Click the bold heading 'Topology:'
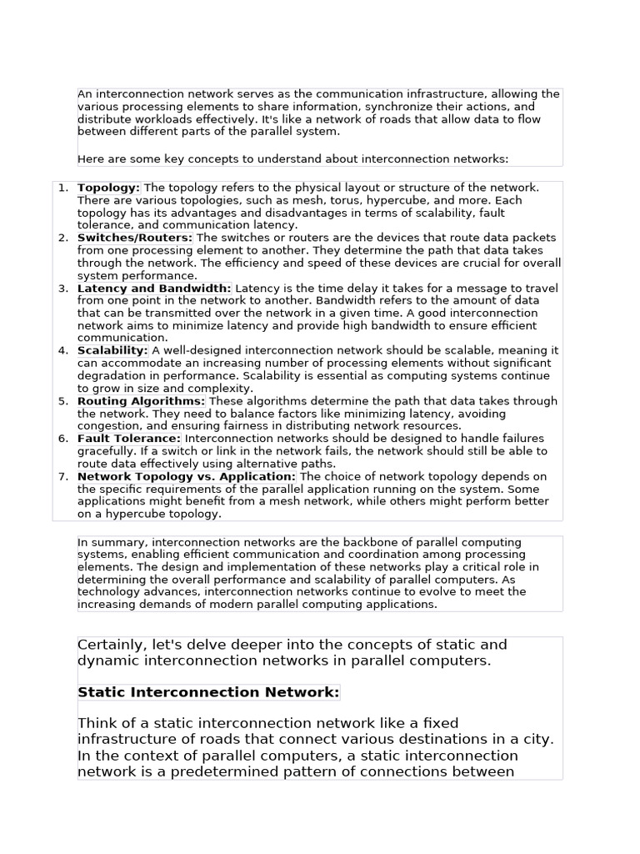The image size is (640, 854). pyautogui.click(x=109, y=188)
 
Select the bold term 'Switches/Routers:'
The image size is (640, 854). pyautogui.click(x=135, y=238)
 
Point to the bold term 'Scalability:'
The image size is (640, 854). pyautogui.click(x=113, y=351)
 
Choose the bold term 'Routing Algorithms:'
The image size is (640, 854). pyautogui.click(x=142, y=401)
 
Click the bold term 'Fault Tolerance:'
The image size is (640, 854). pyautogui.click(x=129, y=439)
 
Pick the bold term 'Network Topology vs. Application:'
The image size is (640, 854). pyautogui.click(x=187, y=476)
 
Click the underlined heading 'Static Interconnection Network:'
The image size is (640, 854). pyautogui.click(x=208, y=692)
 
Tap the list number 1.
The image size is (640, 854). pyautogui.click(x=63, y=188)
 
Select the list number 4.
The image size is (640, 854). pyautogui.click(x=63, y=351)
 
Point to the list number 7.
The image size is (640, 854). pyautogui.click(x=63, y=476)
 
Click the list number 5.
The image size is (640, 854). pyautogui.click(x=63, y=401)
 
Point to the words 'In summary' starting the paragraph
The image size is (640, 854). pyautogui.click(x=112, y=542)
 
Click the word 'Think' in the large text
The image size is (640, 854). pyautogui.click(x=98, y=723)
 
